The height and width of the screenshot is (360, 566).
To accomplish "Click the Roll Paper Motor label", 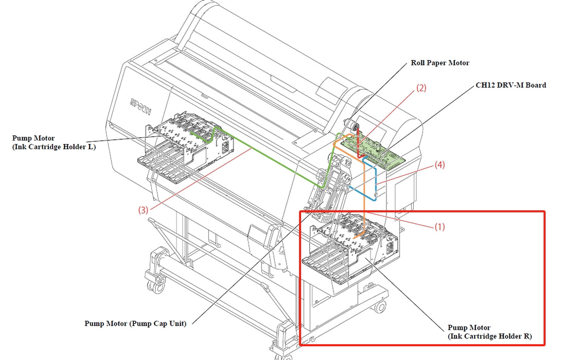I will (x=440, y=63).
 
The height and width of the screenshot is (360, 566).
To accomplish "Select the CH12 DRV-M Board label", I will (x=510, y=85).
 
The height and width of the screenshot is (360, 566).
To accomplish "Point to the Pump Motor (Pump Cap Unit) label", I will (x=135, y=323).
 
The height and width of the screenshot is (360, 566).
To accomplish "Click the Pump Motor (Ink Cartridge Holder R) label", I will (x=489, y=332).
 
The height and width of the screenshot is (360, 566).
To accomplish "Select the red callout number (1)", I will (x=439, y=226).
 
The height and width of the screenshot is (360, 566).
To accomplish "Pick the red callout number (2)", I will (x=421, y=88).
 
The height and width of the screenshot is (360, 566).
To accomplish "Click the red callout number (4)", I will (x=439, y=165).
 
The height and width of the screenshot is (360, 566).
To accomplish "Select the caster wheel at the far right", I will (x=380, y=307).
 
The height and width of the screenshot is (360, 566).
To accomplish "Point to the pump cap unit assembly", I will (x=329, y=185).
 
